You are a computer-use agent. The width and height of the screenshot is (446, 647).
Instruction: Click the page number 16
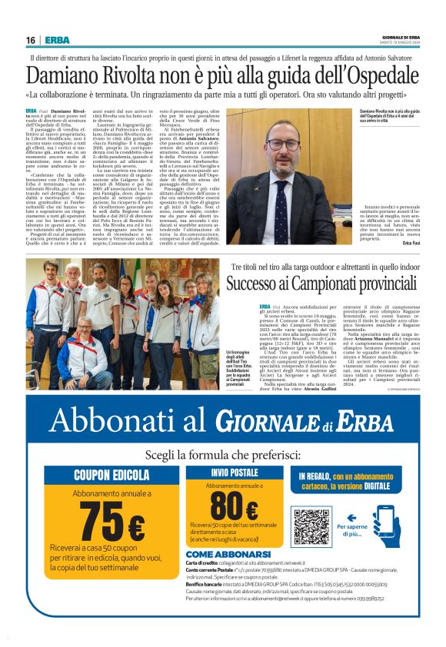pyautogui.click(x=31, y=40)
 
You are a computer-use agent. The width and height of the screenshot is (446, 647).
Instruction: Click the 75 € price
pyautogui.click(x=112, y=523)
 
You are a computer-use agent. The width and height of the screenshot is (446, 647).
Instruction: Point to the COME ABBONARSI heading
pyautogui.click(x=228, y=553)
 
